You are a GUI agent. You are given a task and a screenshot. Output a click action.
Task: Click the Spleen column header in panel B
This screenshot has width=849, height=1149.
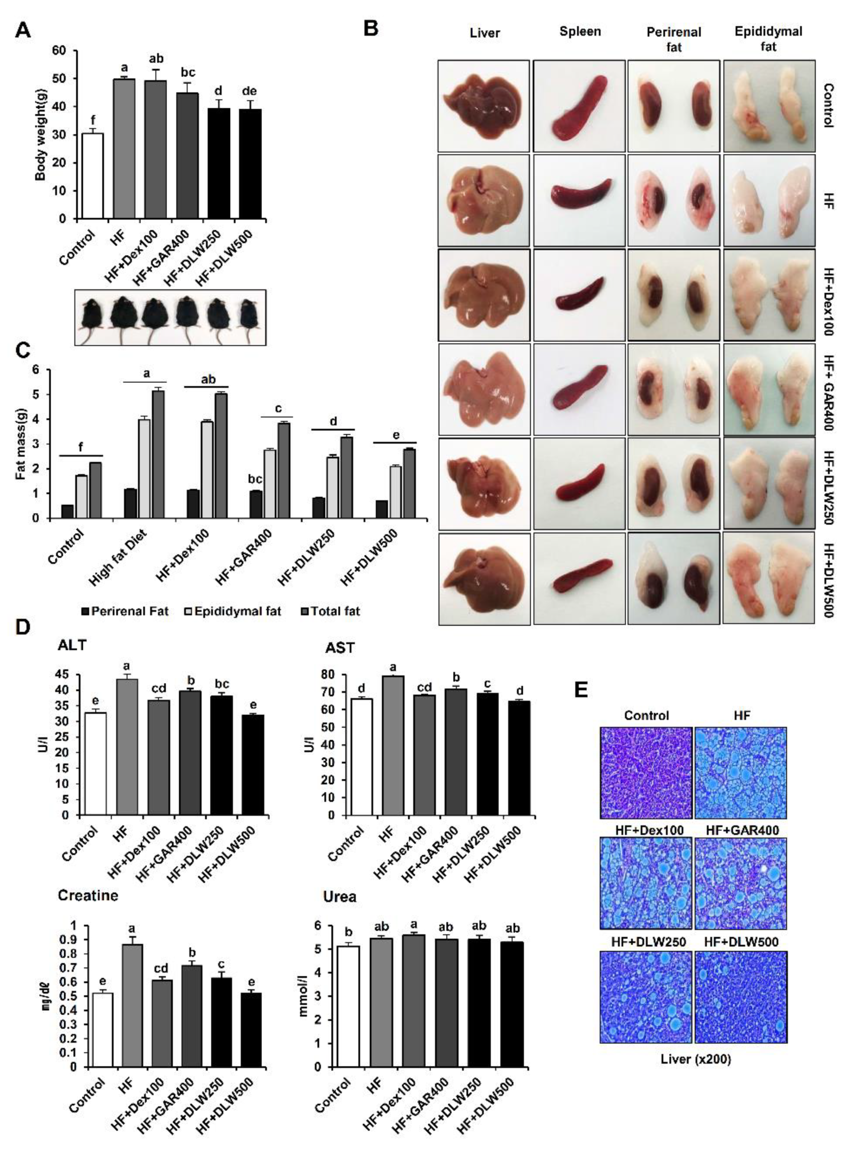tap(580, 32)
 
